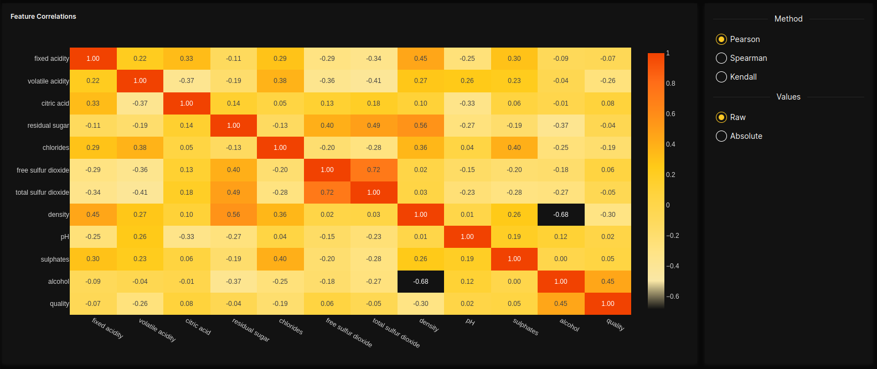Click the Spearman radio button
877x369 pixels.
pos(721,58)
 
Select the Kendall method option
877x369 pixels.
pos(721,77)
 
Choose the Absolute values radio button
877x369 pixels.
pos(721,136)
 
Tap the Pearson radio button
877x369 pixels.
pos(721,39)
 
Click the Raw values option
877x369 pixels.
pos(721,117)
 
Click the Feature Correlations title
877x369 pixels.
pos(43,17)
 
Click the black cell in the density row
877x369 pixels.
pos(561,215)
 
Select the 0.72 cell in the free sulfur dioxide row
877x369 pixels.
pos(374,170)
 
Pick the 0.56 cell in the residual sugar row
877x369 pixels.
pos(421,126)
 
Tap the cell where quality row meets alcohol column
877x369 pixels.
pos(561,304)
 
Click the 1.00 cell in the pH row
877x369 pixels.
pos(467,237)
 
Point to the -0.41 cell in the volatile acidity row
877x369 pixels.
pos(374,81)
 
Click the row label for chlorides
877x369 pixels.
pos(55,148)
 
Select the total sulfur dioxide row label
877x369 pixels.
pos(42,193)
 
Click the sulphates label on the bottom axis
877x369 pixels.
pos(525,327)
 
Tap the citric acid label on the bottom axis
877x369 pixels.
pos(198,326)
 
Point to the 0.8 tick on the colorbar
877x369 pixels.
pos(670,84)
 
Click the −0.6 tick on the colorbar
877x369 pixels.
pos(672,297)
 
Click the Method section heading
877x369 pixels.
pos(788,19)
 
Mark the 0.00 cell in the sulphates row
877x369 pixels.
pos(561,259)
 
